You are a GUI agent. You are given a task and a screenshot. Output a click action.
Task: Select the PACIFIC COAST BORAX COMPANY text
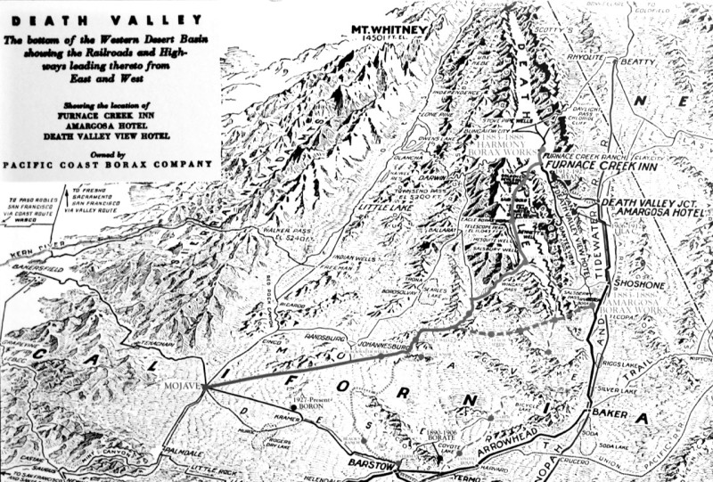[x=110, y=165]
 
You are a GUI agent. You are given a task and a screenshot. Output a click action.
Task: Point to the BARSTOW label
[x=370, y=465]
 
